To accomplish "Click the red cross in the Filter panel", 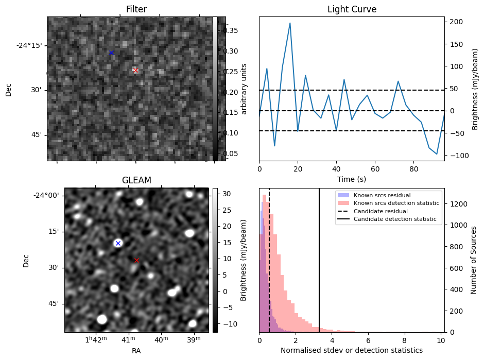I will [135, 70].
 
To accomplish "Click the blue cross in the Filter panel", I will [111, 53].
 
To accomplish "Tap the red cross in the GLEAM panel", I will [136, 260].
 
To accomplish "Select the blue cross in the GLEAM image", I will [118, 243].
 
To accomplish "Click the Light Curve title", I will [352, 9].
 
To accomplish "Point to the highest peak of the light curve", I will [290, 23].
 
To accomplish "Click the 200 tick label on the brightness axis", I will [456, 22].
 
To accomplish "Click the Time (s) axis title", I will [352, 179].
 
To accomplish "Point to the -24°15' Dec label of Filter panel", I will [29, 45].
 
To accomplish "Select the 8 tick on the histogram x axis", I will [405, 340].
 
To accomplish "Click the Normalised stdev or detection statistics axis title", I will [352, 350].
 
